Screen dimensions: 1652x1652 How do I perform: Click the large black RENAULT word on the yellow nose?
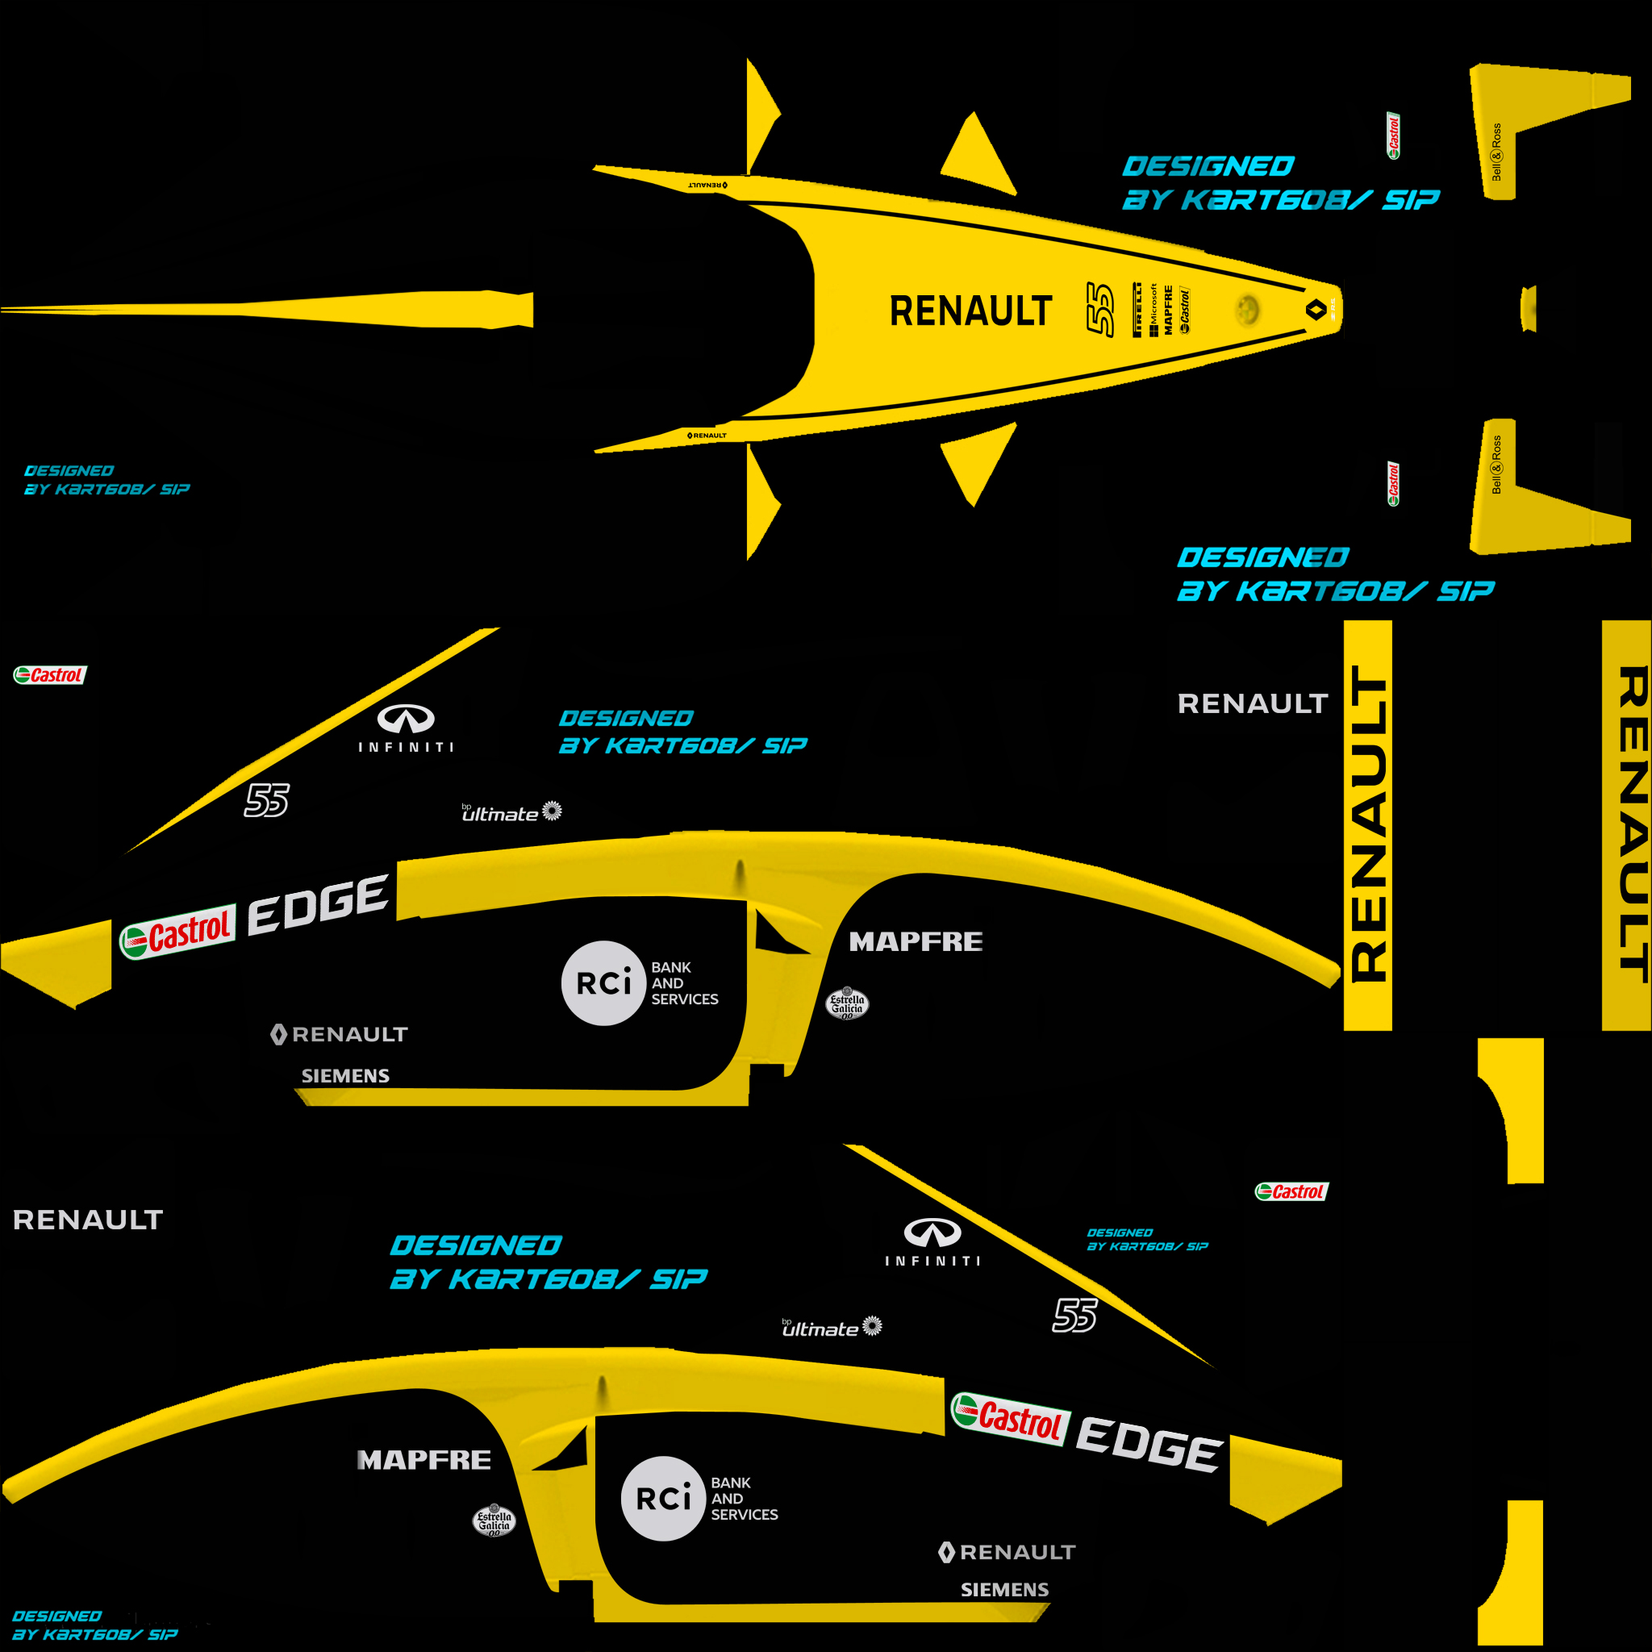pos(970,311)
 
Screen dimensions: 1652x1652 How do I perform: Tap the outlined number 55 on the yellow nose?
pos(1100,309)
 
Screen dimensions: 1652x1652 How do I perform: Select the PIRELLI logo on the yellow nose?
pos(1137,310)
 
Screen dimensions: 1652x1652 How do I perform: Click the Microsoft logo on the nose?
pos(1153,310)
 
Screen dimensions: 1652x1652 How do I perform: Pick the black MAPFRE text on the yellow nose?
pos(1168,310)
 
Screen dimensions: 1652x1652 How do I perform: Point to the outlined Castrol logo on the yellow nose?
pos(1184,311)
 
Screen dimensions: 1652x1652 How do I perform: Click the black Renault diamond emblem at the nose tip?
pos(1316,309)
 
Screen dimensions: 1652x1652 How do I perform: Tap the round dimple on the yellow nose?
pos(1248,310)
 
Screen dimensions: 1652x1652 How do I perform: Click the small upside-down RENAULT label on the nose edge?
pos(708,185)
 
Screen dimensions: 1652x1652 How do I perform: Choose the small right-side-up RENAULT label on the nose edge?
pos(707,436)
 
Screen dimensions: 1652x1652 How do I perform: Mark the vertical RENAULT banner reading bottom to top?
pos(1368,824)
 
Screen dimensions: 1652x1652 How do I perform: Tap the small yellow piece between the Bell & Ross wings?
pos(1528,309)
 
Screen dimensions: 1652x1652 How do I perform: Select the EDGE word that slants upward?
pos(318,905)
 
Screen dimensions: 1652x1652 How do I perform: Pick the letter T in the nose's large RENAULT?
pos(1041,311)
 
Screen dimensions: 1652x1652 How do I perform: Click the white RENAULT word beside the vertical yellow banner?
pos(1253,703)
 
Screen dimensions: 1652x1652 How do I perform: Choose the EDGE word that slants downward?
pos(1149,1444)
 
